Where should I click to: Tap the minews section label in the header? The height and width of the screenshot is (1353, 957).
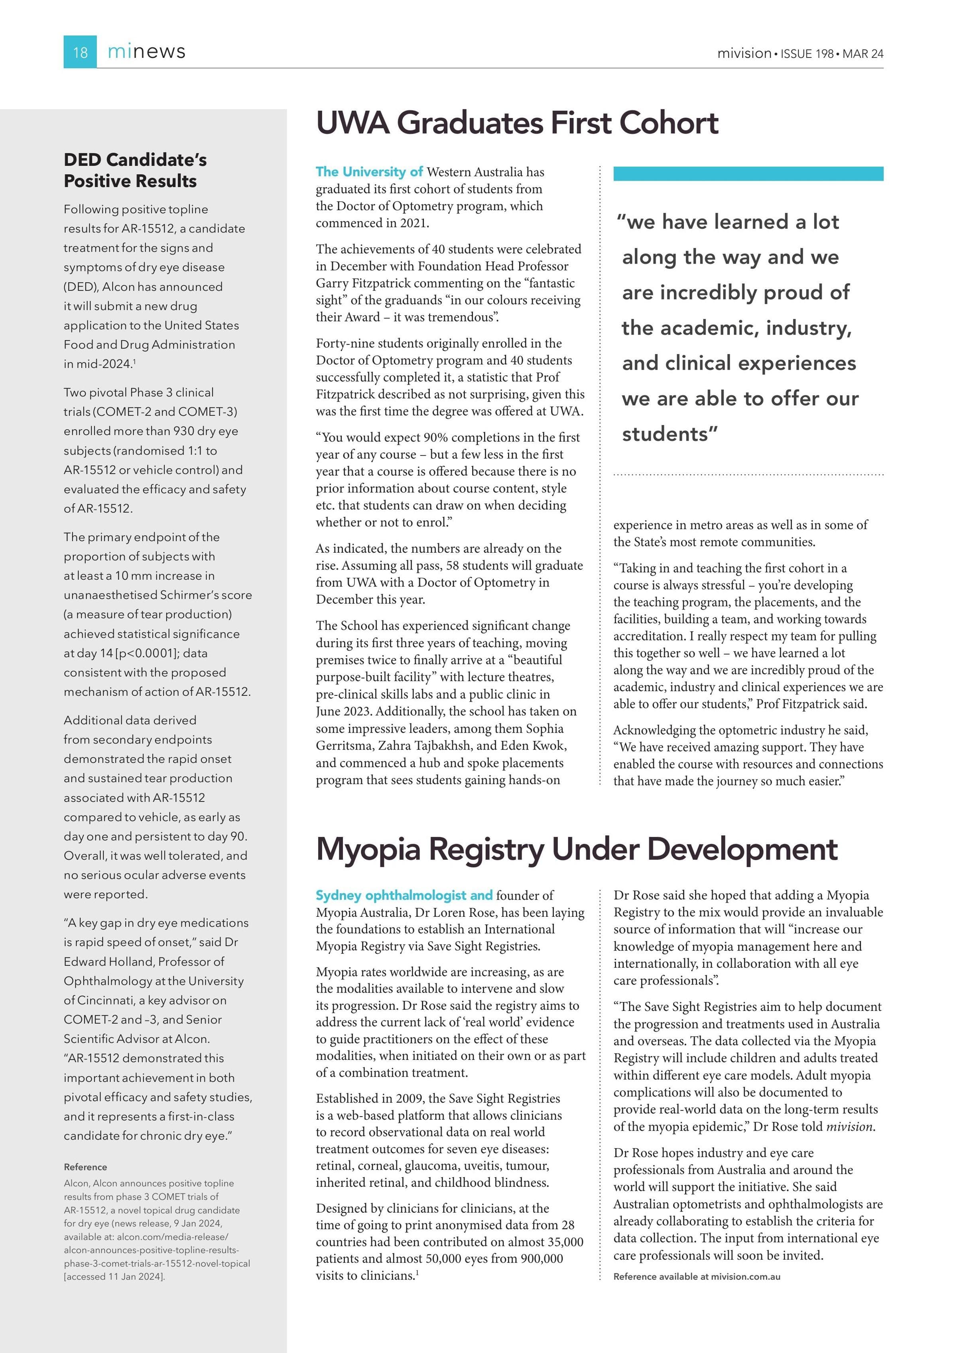click(146, 52)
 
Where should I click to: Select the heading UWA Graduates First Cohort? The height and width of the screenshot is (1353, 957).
click(517, 123)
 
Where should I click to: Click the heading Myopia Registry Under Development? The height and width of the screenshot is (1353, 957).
click(576, 849)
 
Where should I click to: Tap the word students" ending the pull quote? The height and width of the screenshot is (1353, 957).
click(670, 434)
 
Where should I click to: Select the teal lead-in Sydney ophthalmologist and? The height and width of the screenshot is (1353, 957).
click(404, 895)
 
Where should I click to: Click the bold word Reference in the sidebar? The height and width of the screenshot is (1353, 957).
click(85, 1167)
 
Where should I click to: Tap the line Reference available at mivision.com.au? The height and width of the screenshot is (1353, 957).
click(697, 1276)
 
